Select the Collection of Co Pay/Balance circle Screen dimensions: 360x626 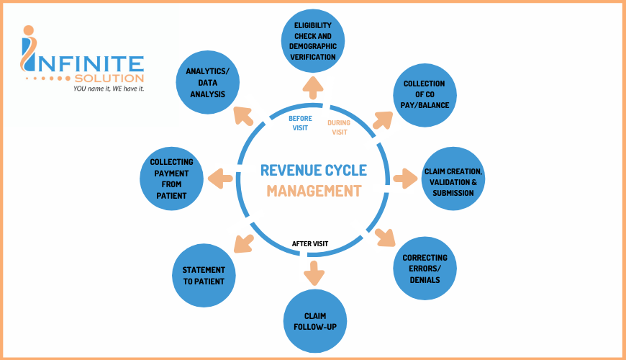(x=423, y=94)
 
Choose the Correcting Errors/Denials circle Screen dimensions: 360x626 (x=425, y=268)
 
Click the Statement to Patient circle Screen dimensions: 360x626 (x=204, y=271)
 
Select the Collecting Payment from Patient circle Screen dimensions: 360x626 (x=171, y=179)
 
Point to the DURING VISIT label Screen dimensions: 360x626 (x=338, y=127)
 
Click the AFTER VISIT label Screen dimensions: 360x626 (x=310, y=243)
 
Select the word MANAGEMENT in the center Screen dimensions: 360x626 (x=313, y=192)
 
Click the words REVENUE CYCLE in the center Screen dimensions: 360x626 (x=313, y=171)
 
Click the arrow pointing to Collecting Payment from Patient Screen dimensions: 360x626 (x=220, y=177)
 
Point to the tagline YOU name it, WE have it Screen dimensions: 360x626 (x=109, y=89)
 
